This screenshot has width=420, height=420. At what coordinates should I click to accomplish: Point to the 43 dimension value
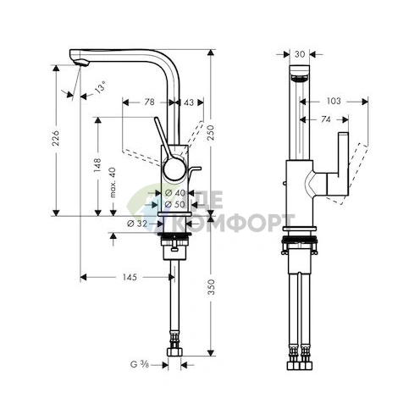pos(188,102)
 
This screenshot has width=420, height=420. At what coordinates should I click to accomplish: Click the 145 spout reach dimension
pos(130,276)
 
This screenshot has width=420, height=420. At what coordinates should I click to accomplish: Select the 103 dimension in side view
pos(335,101)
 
